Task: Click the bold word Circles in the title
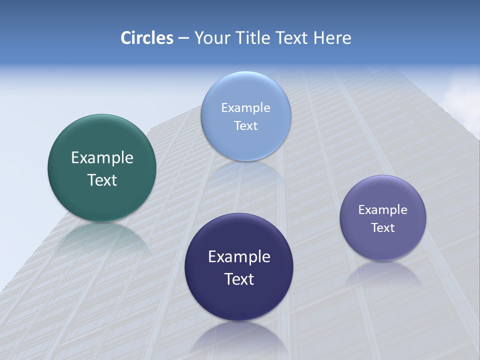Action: point(146,38)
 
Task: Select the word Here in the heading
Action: point(332,38)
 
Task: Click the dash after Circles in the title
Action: point(183,38)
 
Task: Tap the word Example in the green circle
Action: point(102,158)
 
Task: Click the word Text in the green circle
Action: point(102,180)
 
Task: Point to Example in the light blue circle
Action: point(245,108)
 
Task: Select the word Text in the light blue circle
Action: point(245,125)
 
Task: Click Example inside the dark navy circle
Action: point(239,257)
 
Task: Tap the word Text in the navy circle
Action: point(239,279)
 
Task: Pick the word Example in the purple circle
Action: point(383,210)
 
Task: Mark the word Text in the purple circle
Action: point(383,228)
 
